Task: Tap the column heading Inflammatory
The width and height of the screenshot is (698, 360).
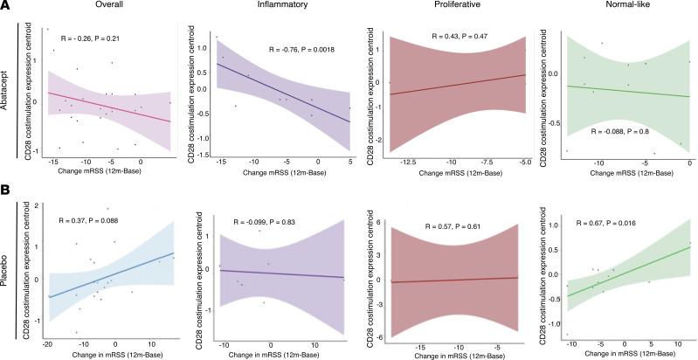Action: (273, 8)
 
